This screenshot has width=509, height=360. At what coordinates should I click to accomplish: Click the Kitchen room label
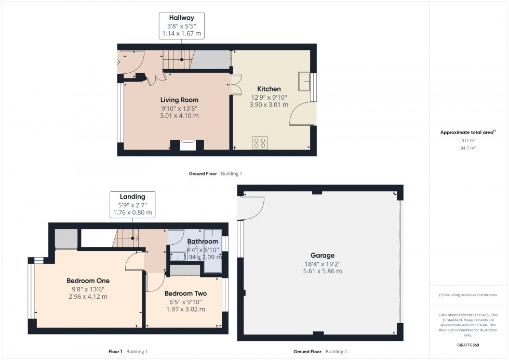pyautogui.click(x=269, y=89)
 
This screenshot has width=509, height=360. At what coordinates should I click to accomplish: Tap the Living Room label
pyautogui.click(x=179, y=100)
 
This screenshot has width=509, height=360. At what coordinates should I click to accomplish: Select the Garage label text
pyautogui.click(x=323, y=256)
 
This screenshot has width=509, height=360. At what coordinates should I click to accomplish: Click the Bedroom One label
pyautogui.click(x=88, y=281)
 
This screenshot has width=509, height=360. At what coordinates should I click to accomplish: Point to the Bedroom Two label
pyautogui.click(x=186, y=294)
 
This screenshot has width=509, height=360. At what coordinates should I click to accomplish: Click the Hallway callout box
pyautogui.click(x=181, y=25)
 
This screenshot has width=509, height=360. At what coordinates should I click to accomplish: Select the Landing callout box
pyautogui.click(x=132, y=205)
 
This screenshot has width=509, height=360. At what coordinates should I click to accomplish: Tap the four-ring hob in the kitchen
pyautogui.click(x=260, y=143)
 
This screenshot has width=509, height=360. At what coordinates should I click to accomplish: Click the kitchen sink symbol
pyautogui.click(x=304, y=81)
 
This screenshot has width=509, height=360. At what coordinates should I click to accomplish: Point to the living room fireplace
pyautogui.click(x=187, y=145)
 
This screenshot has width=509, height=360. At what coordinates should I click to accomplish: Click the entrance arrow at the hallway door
pyautogui.click(x=117, y=62)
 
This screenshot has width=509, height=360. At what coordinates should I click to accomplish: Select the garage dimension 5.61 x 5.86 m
pyautogui.click(x=323, y=271)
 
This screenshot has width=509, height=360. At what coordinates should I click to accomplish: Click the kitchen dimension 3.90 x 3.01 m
pyautogui.click(x=269, y=105)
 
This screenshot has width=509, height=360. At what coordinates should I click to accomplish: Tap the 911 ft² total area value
pyautogui.click(x=468, y=141)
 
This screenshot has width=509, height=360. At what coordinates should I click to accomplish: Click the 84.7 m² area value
pyautogui.click(x=468, y=148)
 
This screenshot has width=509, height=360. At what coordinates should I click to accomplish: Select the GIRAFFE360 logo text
pyautogui.click(x=468, y=345)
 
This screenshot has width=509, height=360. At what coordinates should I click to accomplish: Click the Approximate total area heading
pyautogui.click(x=468, y=132)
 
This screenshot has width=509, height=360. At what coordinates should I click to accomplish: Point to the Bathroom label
pyautogui.click(x=203, y=242)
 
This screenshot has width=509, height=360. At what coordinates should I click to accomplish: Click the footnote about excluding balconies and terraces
pyautogui.click(x=468, y=295)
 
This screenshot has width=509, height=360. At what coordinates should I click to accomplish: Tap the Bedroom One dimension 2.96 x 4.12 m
pyautogui.click(x=88, y=297)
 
